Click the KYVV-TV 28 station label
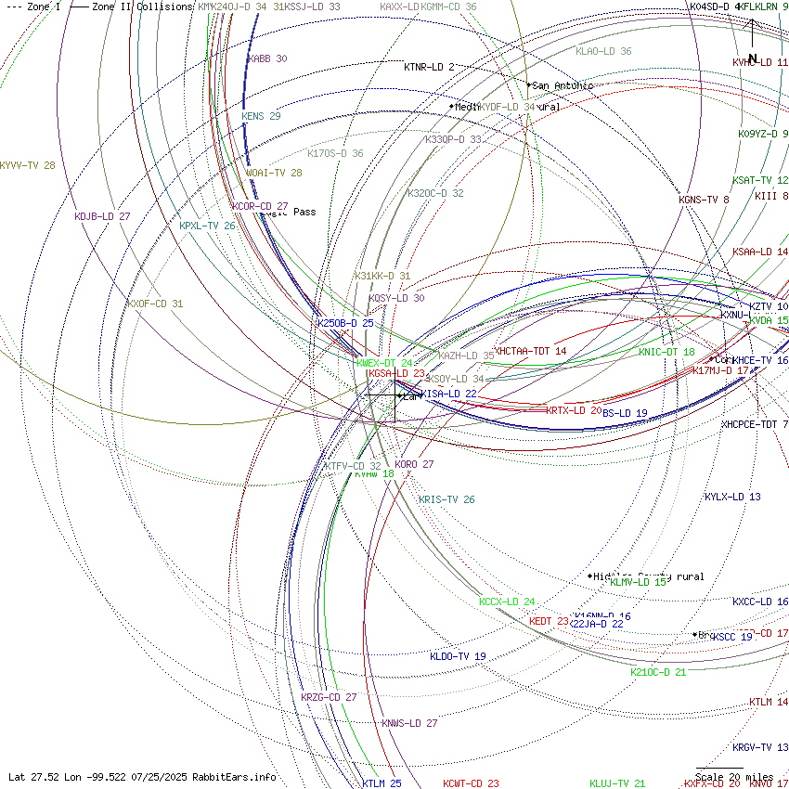27,165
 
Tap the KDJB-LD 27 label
102,216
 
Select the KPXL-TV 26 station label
207,226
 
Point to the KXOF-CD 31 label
155,304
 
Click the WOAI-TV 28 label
274,173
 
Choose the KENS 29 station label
261,116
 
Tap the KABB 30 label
267,58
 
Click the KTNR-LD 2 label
429,67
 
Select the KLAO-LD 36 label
603,51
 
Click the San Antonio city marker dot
529,85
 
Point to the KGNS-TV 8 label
704,200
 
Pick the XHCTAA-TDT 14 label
532,351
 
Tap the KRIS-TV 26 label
446,499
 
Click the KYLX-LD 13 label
732,497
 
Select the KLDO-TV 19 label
458,656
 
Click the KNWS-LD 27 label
409,723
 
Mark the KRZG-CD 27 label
329,697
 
